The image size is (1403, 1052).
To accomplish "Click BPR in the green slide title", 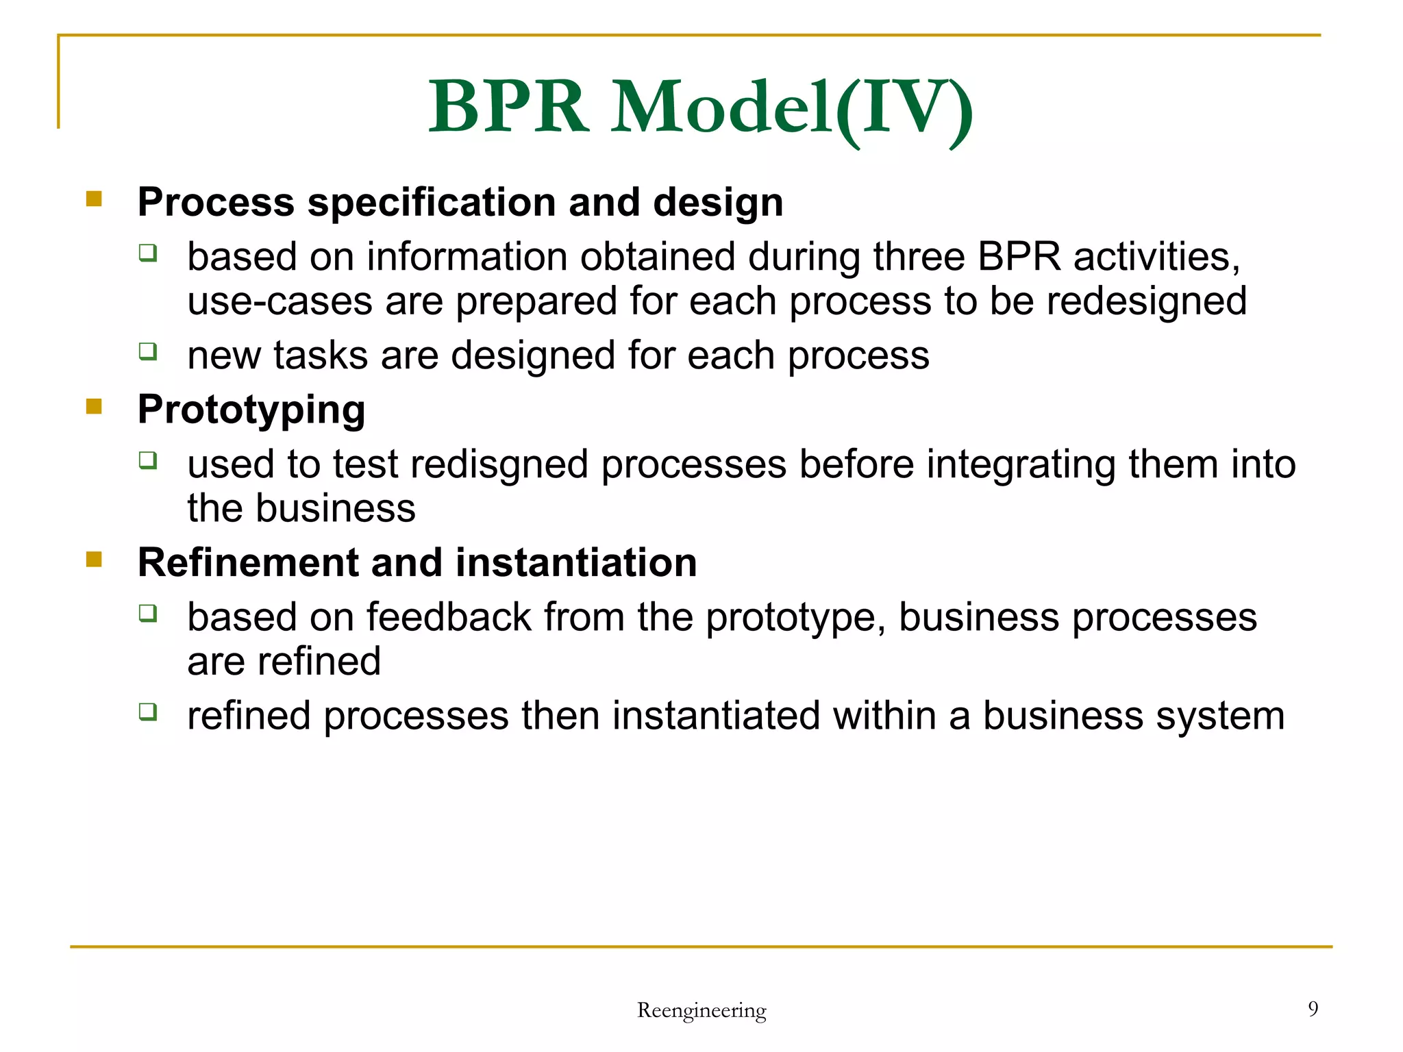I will coord(508,108).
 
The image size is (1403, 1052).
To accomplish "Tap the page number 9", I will coord(1313,1008).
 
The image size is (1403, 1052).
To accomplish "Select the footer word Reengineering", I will coord(701,1010).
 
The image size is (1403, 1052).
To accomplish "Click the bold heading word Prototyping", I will coord(251,410).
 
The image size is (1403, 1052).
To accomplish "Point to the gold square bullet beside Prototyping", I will coord(94,407).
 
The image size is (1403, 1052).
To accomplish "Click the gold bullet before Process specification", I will coord(94,199).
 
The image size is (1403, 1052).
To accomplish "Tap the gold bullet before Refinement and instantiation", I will coord(94,560).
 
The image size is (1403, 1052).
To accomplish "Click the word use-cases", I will coord(280,301).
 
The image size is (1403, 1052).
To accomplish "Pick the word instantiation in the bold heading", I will coord(576,563).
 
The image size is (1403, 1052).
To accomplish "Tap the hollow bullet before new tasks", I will coord(148,351).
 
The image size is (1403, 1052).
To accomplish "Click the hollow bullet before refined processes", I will coord(148,712).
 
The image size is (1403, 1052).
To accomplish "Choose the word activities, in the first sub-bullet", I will coord(1156,258).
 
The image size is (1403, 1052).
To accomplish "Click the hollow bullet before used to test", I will coord(148,460).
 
